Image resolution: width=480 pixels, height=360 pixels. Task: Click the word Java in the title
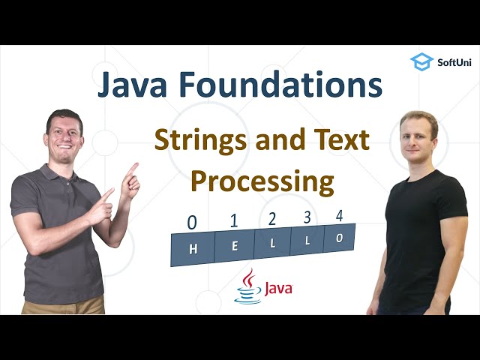tap(138, 85)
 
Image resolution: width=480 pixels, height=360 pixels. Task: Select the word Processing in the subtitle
tap(261, 181)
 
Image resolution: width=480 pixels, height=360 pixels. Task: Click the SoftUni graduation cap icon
tap(421, 61)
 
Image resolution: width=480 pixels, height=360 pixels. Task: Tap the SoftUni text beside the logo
tap(454, 62)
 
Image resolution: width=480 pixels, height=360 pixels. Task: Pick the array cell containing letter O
tap(338, 238)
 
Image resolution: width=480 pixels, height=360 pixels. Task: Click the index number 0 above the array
tap(192, 223)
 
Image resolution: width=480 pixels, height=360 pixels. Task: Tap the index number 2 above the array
tap(271, 219)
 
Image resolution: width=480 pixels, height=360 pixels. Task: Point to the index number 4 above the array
tap(339, 215)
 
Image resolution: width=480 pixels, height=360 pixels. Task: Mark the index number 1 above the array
tap(233, 220)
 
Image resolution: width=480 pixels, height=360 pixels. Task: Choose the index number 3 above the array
tap(306, 217)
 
